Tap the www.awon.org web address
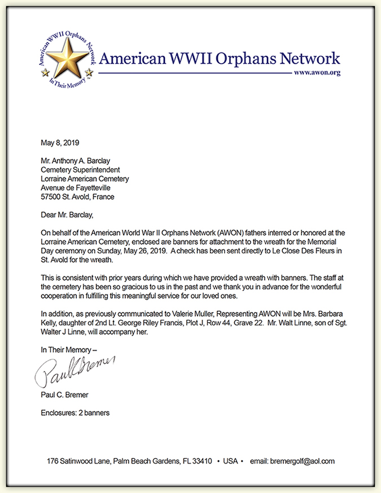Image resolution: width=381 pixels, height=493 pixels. (317, 74)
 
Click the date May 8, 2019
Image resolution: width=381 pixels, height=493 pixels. (59, 143)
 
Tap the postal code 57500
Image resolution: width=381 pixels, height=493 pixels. (50, 197)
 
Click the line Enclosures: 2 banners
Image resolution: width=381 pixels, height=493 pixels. (75, 412)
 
